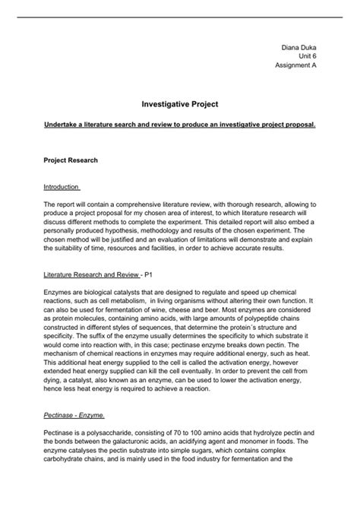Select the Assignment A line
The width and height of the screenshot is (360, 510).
coord(295,65)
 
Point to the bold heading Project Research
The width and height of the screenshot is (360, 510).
coord(72,160)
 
